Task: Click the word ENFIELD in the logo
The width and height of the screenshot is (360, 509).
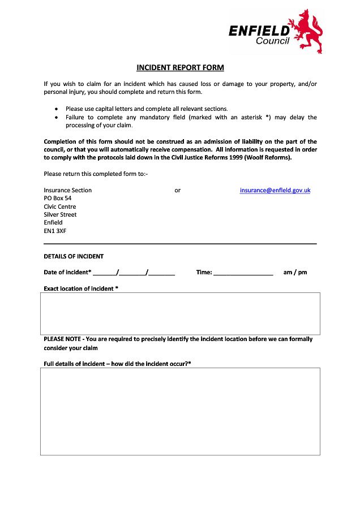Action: point(259,31)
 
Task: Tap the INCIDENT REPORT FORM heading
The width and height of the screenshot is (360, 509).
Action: point(180,68)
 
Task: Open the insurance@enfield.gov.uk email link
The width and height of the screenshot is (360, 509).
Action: point(275,191)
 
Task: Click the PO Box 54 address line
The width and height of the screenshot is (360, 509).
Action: point(58,199)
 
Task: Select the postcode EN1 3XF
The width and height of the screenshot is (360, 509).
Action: point(55,231)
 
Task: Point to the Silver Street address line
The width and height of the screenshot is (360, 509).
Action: point(60,215)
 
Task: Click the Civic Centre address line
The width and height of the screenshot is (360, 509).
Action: point(60,207)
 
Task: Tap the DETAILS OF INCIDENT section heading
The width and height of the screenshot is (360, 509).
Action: point(74,257)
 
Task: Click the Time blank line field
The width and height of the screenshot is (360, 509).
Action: point(243,273)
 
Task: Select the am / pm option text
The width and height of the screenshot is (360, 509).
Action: point(295,273)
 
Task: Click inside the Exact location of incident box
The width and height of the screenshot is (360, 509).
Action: point(180,313)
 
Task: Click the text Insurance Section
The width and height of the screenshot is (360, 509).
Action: point(68,191)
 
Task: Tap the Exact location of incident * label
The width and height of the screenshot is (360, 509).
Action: point(81,289)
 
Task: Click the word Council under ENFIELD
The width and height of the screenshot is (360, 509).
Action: point(272,41)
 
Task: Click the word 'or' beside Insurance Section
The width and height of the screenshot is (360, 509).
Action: point(177,191)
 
